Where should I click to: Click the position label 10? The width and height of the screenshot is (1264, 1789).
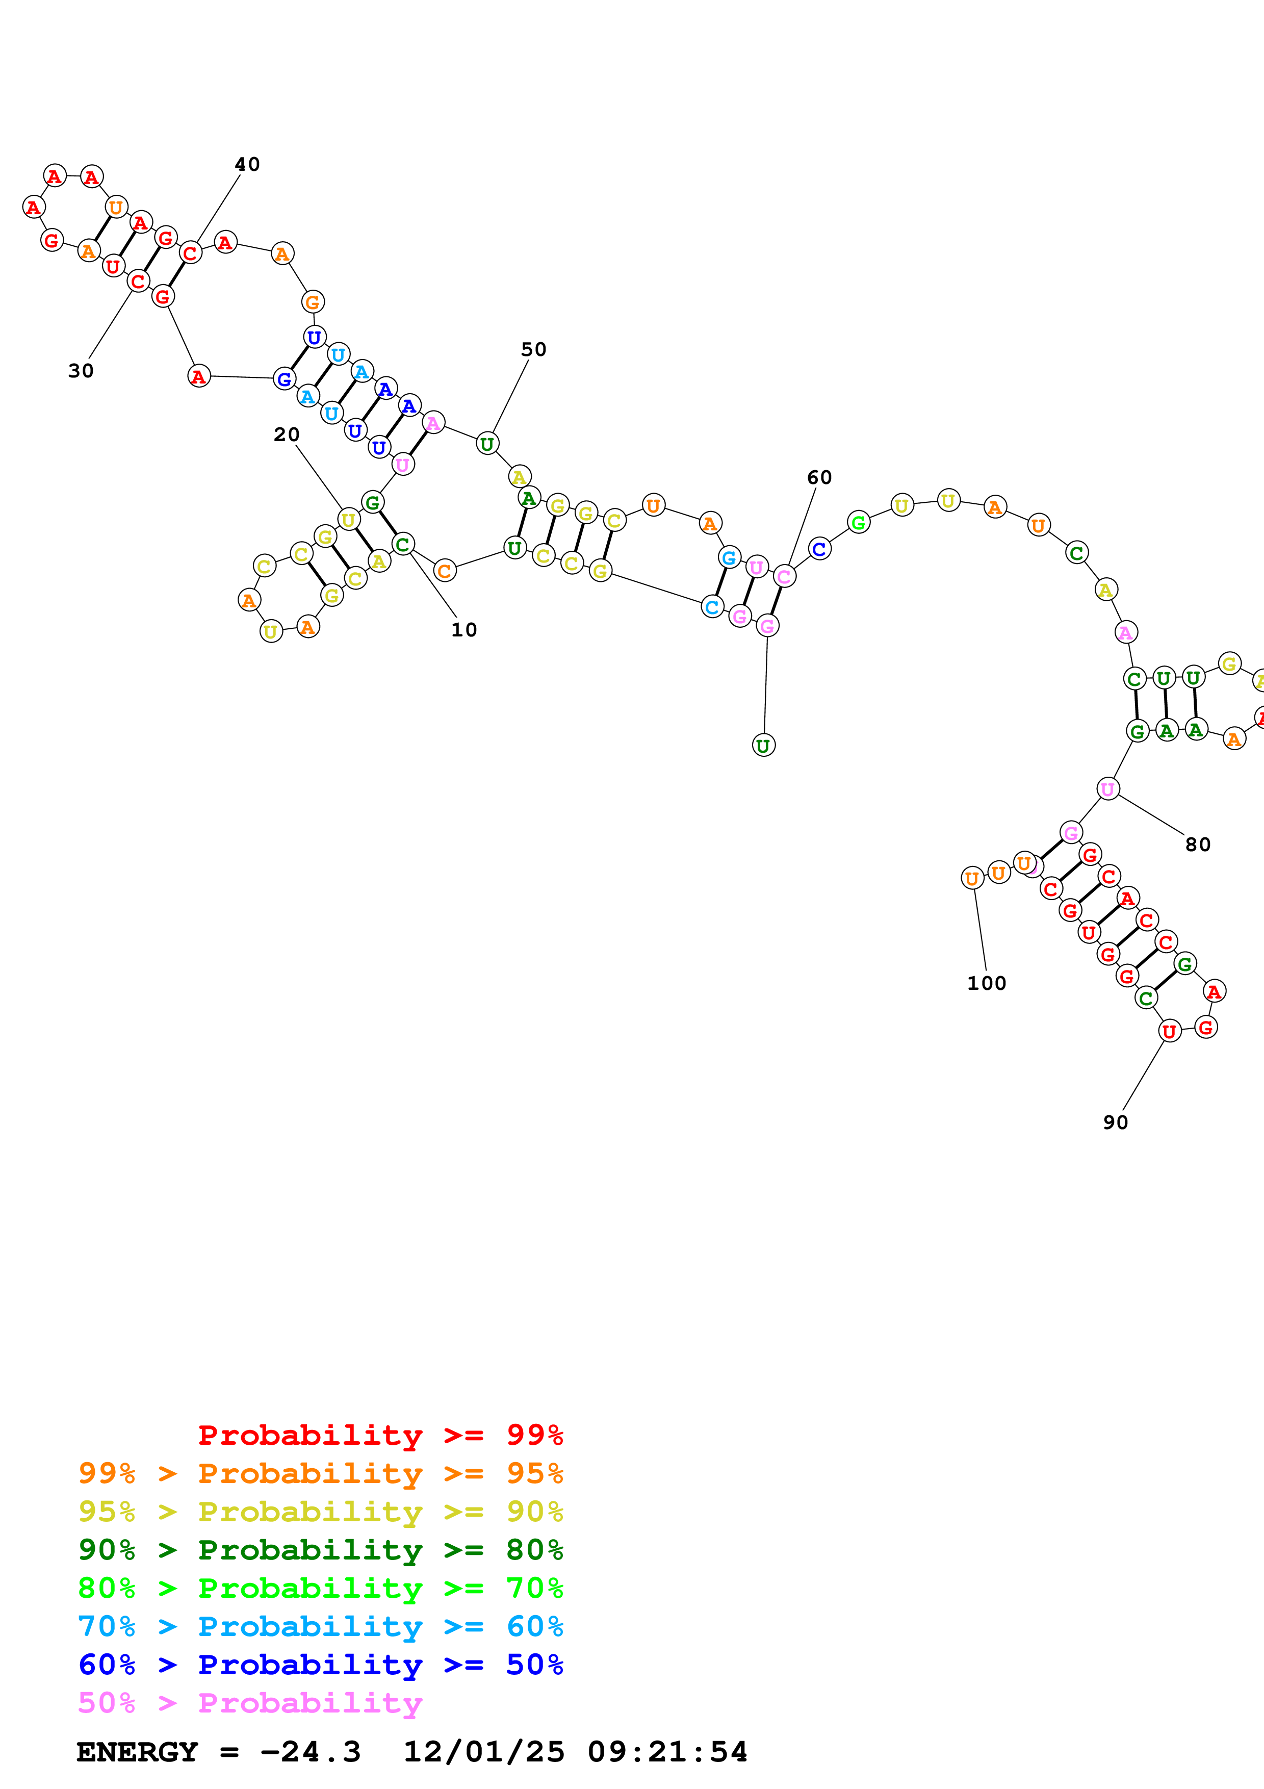click(464, 630)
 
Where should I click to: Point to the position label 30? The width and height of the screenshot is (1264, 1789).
click(81, 371)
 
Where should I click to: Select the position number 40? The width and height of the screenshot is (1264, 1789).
click(248, 164)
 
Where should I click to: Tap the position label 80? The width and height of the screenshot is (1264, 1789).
click(1198, 845)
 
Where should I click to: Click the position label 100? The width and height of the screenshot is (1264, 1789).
click(987, 983)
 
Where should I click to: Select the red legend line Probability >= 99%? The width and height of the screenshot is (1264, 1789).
click(381, 1435)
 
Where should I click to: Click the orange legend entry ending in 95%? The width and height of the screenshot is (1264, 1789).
click(321, 1473)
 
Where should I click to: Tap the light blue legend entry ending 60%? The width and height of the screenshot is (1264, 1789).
click(321, 1626)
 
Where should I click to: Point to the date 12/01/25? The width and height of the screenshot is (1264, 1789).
click(484, 1752)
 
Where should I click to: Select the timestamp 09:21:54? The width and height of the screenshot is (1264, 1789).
click(667, 1752)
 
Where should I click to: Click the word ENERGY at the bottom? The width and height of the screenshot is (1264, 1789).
click(137, 1752)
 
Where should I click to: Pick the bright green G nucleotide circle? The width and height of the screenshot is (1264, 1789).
click(858, 522)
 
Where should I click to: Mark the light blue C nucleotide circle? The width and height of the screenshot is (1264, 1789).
click(712, 606)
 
